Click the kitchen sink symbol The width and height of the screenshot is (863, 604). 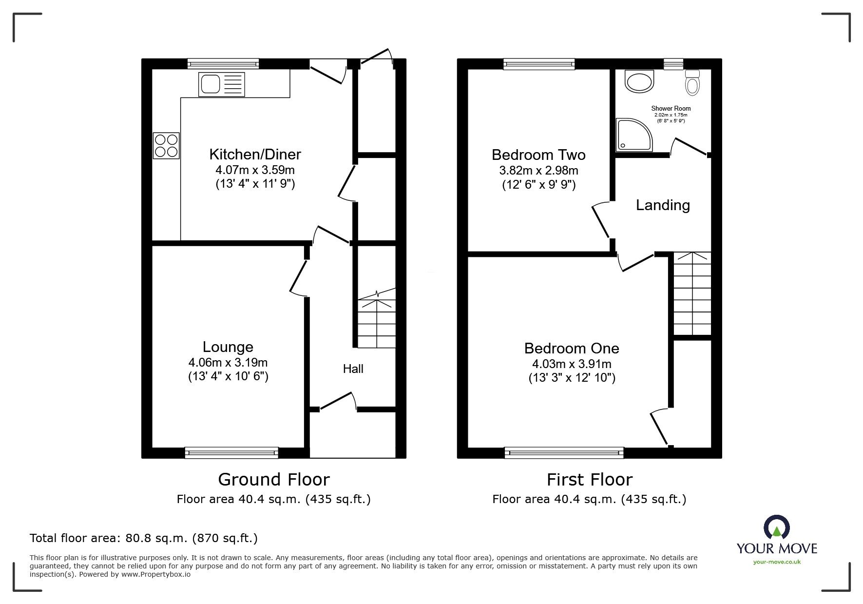[221, 84]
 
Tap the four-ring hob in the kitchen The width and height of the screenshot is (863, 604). [166, 146]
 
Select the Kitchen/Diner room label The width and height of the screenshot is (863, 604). [255, 155]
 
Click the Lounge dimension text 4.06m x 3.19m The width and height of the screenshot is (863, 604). [228, 363]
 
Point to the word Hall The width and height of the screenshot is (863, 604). [353, 369]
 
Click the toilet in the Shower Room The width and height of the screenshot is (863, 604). [691, 83]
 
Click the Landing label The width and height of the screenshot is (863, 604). [663, 205]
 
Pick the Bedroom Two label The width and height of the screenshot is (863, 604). [538, 155]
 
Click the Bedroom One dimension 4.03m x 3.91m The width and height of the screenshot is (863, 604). [572, 364]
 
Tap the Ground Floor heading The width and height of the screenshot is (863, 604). [273, 480]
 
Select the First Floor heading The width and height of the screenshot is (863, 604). [589, 480]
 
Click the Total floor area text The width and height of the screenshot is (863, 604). [144, 538]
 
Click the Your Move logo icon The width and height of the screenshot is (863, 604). [776, 528]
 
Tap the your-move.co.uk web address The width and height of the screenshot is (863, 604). [777, 562]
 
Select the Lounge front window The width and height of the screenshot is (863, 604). [231, 453]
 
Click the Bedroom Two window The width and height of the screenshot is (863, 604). [539, 63]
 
